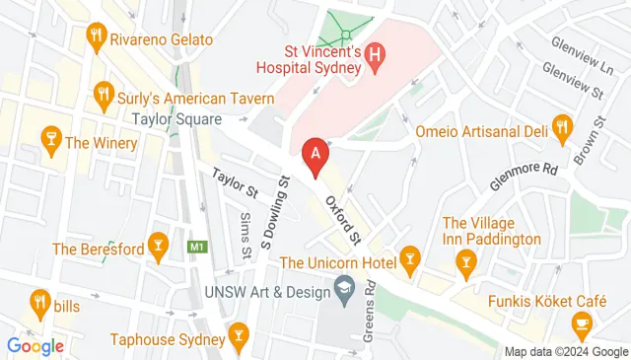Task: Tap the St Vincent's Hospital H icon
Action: [x=374, y=58]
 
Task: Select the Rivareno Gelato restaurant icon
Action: [x=96, y=38]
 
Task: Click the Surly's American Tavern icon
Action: [x=104, y=95]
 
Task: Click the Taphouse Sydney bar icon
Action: [x=237, y=340]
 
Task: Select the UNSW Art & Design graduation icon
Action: [x=344, y=290]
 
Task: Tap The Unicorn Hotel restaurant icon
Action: [x=411, y=261]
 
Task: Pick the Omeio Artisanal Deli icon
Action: [x=562, y=127]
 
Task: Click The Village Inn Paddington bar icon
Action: [x=465, y=261]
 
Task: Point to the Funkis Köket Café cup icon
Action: [x=582, y=323]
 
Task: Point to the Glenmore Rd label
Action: [x=524, y=179]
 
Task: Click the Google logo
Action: [x=35, y=345]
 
